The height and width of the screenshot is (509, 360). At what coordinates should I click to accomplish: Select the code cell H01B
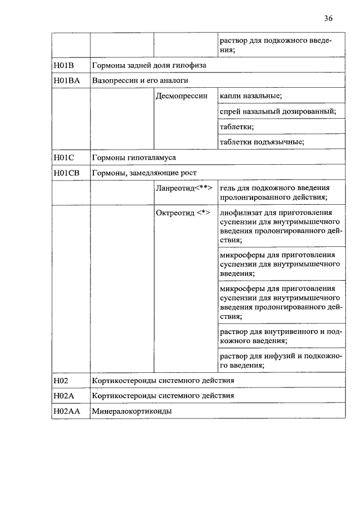pos(64,65)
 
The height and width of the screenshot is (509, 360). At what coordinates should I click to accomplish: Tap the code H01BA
pos(67,80)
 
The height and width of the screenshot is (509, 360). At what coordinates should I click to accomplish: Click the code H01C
pos(64,157)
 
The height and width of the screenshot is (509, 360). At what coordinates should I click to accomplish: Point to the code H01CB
pos(67,173)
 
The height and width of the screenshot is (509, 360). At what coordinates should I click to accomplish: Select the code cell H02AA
pos(67,411)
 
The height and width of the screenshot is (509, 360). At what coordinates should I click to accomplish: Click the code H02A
pos(64,396)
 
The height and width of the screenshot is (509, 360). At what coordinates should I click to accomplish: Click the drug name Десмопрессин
pos(181,96)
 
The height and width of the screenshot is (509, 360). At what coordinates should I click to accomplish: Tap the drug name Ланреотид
pos(175,188)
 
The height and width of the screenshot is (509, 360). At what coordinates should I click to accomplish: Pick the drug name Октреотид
pos(174,213)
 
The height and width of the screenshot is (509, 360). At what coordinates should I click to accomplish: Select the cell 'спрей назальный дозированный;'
pos(278,111)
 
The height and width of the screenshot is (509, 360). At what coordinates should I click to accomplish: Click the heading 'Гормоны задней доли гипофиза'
pos(149,65)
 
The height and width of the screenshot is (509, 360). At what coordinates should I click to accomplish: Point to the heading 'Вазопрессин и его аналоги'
pos(139,80)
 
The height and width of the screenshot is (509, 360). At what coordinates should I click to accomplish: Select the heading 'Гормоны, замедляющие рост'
pos(144,173)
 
